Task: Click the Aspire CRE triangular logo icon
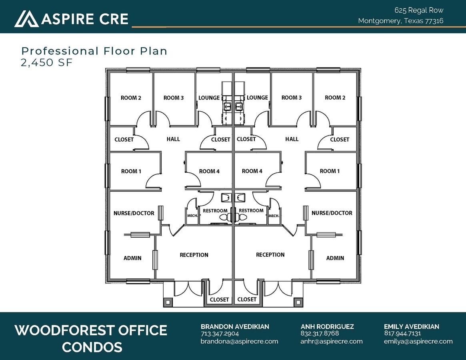click(26, 19)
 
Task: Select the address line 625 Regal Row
click(419, 10)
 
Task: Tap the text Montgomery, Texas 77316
click(400, 21)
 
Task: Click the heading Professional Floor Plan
click(94, 51)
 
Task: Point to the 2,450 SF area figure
click(47, 62)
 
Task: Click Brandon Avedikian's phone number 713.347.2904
click(220, 334)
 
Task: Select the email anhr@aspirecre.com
click(331, 341)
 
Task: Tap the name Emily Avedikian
click(411, 326)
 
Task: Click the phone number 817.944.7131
click(402, 334)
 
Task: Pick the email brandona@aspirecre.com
click(239, 341)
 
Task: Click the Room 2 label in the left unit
click(131, 98)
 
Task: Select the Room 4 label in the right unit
click(252, 171)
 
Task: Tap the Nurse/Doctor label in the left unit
click(134, 213)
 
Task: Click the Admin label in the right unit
click(335, 258)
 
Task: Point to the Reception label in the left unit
click(194, 255)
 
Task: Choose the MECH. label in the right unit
click(274, 216)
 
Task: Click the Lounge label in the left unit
click(209, 98)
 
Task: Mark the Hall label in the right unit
click(292, 139)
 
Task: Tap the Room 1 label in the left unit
click(131, 171)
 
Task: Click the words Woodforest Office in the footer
click(91, 330)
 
